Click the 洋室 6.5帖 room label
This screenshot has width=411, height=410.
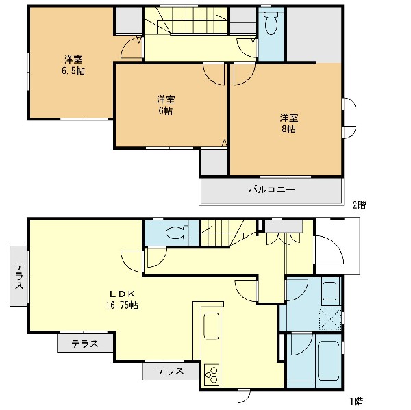tap(73, 65)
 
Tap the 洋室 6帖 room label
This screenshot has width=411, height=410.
tap(166, 105)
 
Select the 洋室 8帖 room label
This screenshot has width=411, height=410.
tap(288, 123)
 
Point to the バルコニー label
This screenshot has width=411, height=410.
tap(271, 189)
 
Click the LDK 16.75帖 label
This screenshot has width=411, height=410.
tap(122, 300)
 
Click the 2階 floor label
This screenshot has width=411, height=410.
tap(359, 205)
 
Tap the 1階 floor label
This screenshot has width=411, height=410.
tap(356, 401)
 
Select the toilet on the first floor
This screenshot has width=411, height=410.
tap(177, 232)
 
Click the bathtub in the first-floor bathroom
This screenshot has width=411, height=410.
tap(329, 361)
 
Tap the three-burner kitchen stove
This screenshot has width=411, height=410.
tap(212, 375)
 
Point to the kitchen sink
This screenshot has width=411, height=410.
tap(211, 326)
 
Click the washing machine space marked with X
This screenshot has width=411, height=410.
tap(330, 319)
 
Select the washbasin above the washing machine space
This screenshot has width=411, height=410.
tap(329, 291)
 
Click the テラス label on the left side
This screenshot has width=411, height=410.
tap(19, 277)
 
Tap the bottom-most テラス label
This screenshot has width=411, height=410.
tap(171, 371)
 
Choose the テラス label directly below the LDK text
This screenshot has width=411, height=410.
tap(85, 344)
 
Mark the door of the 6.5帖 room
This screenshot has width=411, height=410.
tap(132, 48)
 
